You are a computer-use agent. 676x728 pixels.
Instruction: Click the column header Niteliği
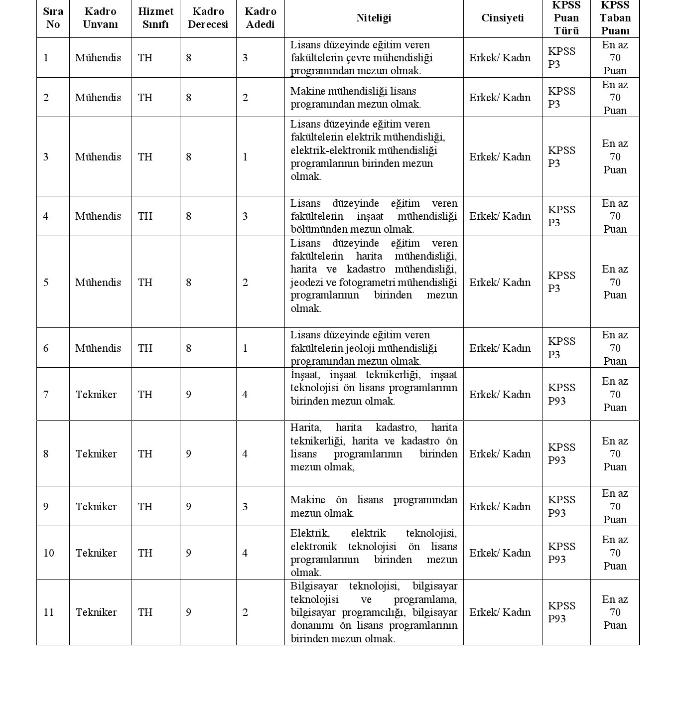tap(374, 18)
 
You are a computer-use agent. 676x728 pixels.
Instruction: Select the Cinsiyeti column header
tap(502, 18)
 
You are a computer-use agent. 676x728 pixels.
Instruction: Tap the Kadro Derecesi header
tap(208, 18)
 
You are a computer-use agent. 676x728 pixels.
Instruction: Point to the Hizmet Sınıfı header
tap(155, 18)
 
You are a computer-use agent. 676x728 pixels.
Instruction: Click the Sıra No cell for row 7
tap(46, 395)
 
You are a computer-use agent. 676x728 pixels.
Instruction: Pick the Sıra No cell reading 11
tap(48, 612)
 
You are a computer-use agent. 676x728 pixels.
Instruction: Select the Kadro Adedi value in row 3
tap(245, 157)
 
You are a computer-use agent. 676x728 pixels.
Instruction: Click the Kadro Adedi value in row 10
tap(245, 553)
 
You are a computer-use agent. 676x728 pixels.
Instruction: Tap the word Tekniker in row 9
tap(96, 507)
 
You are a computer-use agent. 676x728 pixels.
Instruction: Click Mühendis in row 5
tap(98, 283)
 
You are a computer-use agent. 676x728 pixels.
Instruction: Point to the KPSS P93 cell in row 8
tap(561, 453)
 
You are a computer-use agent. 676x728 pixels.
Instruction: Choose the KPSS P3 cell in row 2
tap(561, 98)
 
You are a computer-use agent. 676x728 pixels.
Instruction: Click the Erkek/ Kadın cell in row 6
tap(500, 348)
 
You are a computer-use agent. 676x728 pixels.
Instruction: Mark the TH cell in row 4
tap(145, 216)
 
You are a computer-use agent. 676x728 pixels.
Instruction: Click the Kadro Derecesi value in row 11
tap(188, 612)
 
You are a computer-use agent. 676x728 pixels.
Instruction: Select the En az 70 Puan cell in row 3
tap(615, 157)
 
